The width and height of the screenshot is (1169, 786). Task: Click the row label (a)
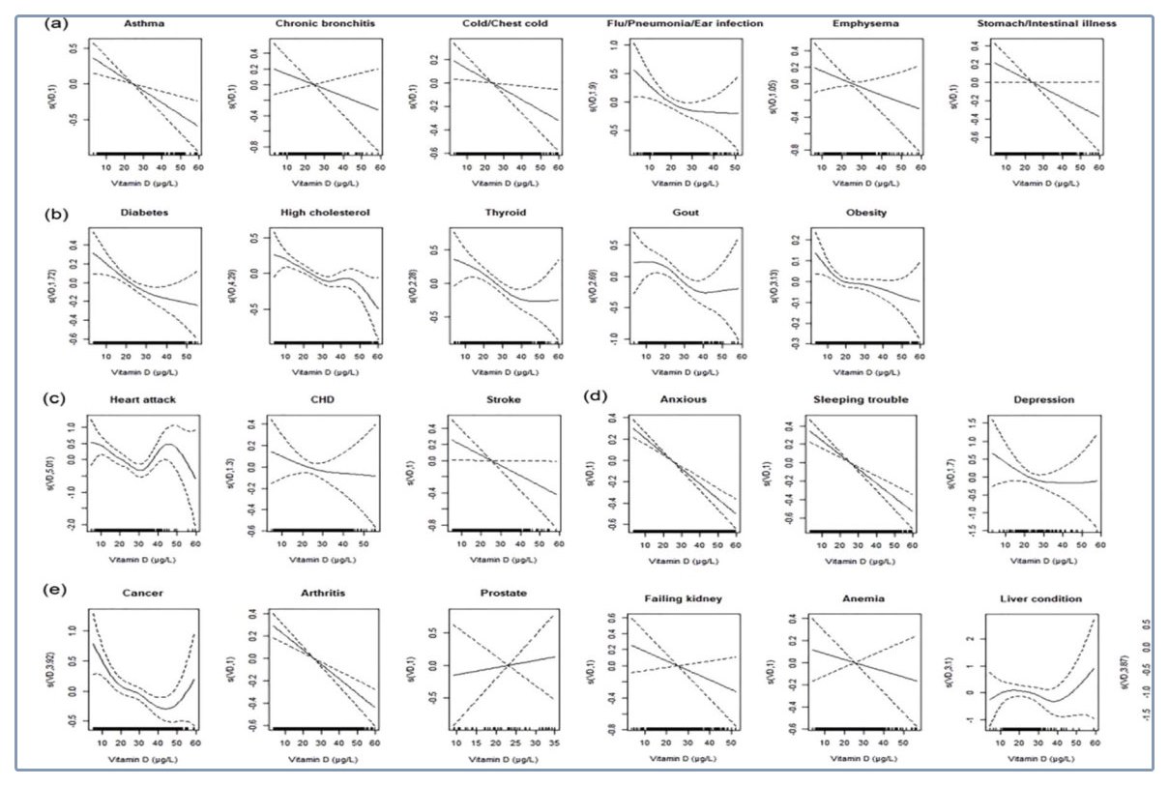[x=58, y=20]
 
